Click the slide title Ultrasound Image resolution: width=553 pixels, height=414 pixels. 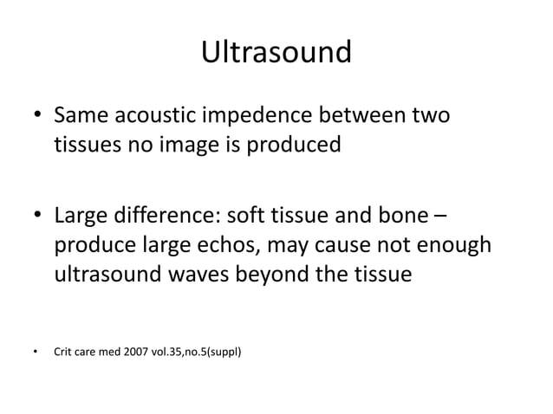276,54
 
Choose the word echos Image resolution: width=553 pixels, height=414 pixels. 218,245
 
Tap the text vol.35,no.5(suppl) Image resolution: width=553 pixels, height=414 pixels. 205,352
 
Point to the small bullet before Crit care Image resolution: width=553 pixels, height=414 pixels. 35,353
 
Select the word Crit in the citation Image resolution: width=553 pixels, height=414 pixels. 64,352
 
